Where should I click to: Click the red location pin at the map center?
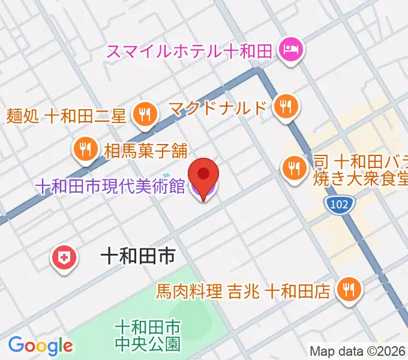(x=204, y=175)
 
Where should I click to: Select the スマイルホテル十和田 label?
(x=190, y=50)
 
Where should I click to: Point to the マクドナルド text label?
(x=217, y=109)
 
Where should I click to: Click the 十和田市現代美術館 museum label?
(x=110, y=187)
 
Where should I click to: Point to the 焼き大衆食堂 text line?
(x=360, y=179)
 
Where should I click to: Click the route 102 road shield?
(x=340, y=205)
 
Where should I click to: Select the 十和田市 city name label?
(x=137, y=257)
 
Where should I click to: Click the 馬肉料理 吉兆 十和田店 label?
(x=243, y=292)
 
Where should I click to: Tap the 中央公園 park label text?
(x=148, y=344)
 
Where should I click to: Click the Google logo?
(x=40, y=346)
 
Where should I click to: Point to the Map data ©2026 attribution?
(x=358, y=351)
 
